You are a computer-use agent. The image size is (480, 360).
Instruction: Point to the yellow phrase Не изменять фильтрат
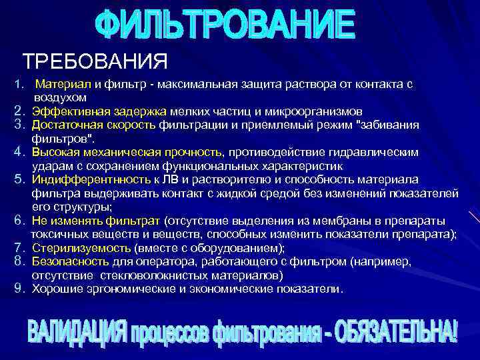click(x=96, y=221)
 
